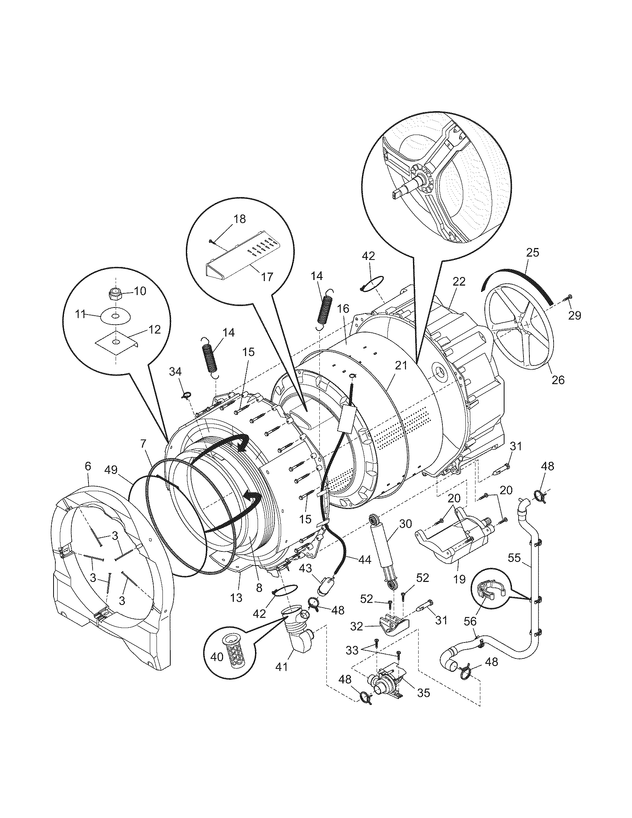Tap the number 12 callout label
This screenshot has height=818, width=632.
[x=154, y=329]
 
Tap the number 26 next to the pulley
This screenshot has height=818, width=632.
[x=558, y=380]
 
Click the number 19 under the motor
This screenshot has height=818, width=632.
[x=459, y=579]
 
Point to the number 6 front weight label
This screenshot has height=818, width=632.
[x=88, y=466]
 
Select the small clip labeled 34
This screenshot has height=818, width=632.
[x=187, y=394]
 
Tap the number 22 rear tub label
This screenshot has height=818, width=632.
[x=459, y=282]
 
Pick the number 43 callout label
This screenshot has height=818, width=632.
[x=305, y=568]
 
